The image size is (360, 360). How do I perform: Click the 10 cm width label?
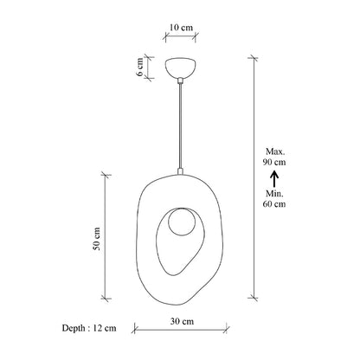coord(181,27)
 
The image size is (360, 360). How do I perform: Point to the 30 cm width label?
coord(181,322)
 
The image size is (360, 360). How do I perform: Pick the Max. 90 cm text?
coord(273,157)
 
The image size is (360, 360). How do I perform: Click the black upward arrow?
coord(273,179)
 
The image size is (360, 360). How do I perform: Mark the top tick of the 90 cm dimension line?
coord(254,58)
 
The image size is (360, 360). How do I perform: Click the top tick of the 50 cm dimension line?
coord(107,174)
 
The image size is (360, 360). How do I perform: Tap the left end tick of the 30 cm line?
coord(136,329)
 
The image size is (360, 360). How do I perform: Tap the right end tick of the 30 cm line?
coord(227,329)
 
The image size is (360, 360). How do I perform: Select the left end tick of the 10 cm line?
coord(165,38)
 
